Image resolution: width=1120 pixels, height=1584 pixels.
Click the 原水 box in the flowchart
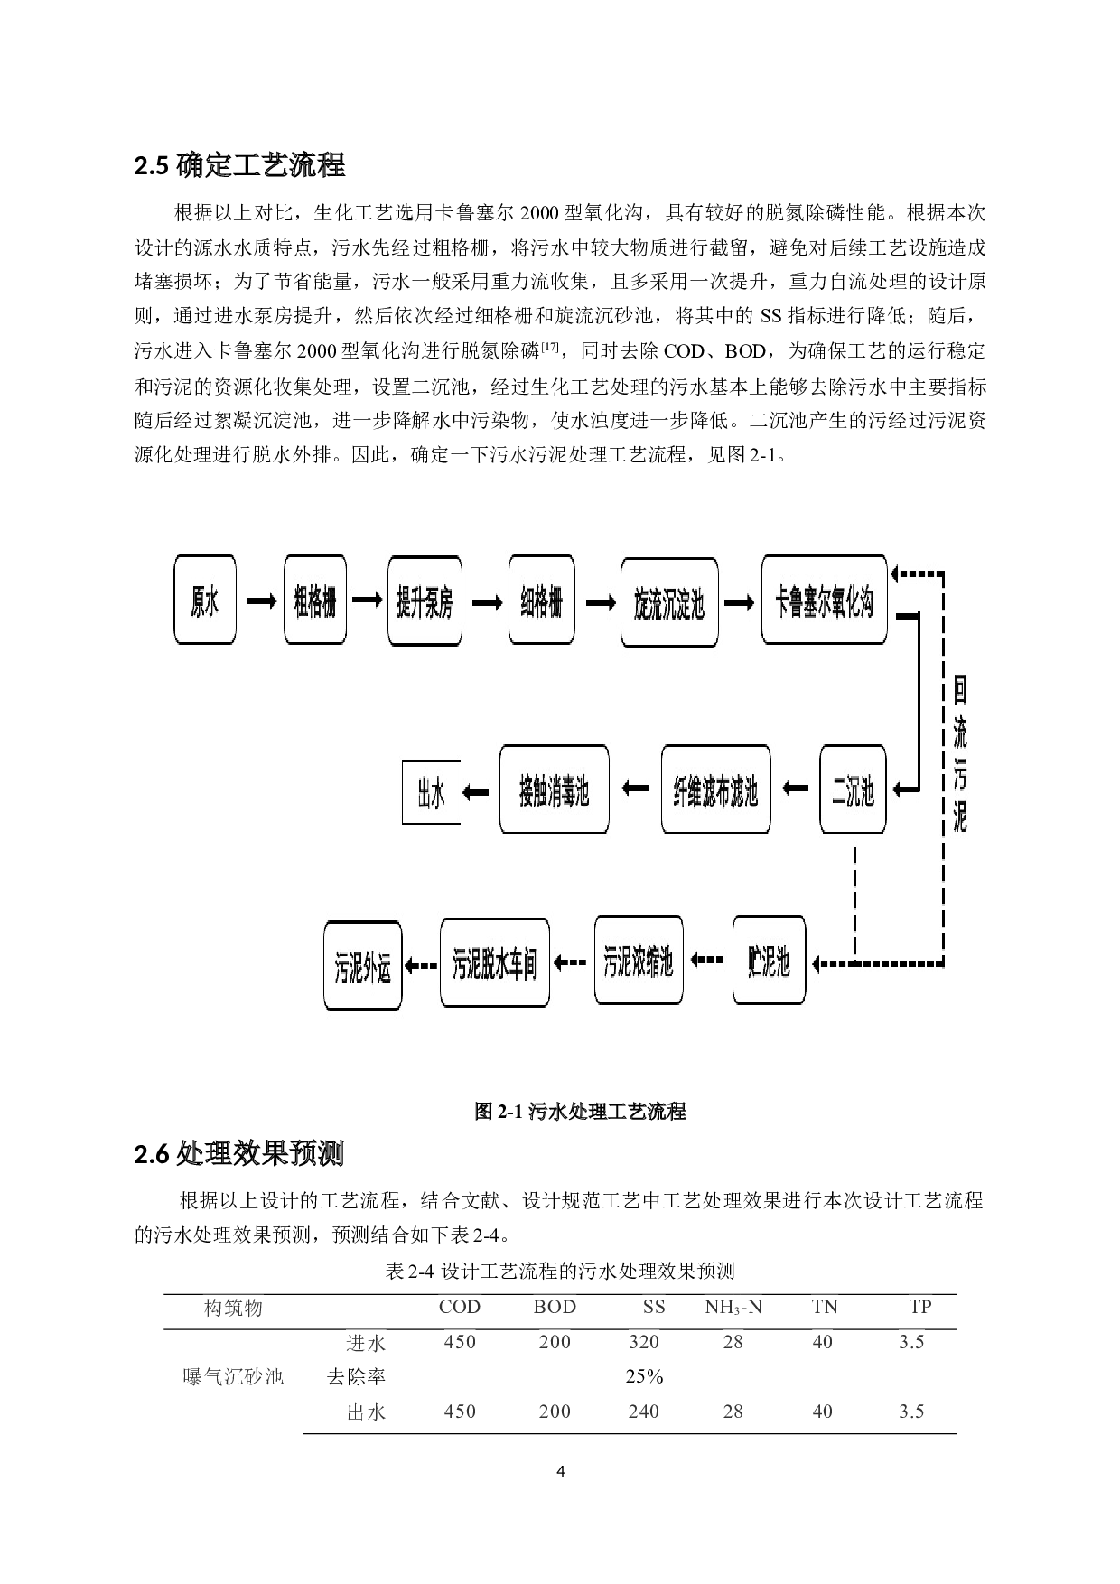pos(205,601)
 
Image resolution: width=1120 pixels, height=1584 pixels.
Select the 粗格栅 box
pos(315,601)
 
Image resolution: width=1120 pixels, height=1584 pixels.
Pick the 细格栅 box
pos(541,601)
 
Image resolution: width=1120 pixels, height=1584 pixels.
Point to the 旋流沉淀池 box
pos(669,602)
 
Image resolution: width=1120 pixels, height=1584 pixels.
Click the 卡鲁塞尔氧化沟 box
pos(824,601)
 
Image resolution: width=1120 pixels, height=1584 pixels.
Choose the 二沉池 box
pos(853,790)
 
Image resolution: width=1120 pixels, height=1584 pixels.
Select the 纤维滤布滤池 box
pos(715,790)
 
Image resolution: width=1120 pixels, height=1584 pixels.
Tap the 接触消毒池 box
pos(554,790)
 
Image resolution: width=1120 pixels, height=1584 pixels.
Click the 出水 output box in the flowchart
pos(431,793)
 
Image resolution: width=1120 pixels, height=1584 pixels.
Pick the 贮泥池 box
pos(769,961)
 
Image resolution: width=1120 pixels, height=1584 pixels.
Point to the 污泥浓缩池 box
pos(639,961)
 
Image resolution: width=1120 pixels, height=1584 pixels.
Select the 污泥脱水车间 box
pos(495,963)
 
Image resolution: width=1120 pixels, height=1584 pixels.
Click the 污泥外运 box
pos(362,966)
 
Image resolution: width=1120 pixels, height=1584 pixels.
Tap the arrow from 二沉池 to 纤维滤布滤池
pos(795,789)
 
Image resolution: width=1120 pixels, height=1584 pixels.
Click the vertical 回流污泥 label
pos(959,755)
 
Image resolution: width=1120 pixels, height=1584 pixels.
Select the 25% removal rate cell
pos(644,1376)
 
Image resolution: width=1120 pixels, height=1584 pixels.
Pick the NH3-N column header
pos(733,1307)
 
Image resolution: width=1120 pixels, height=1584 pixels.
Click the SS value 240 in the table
pos(644,1412)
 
